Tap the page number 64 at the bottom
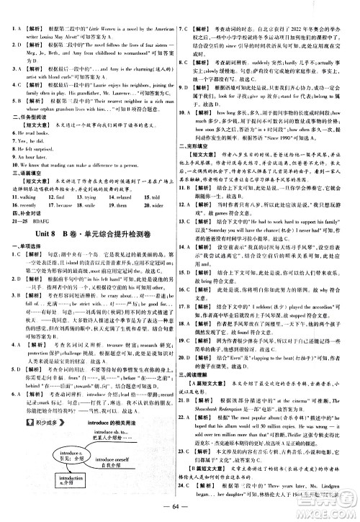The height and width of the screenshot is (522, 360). tap(179, 512)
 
